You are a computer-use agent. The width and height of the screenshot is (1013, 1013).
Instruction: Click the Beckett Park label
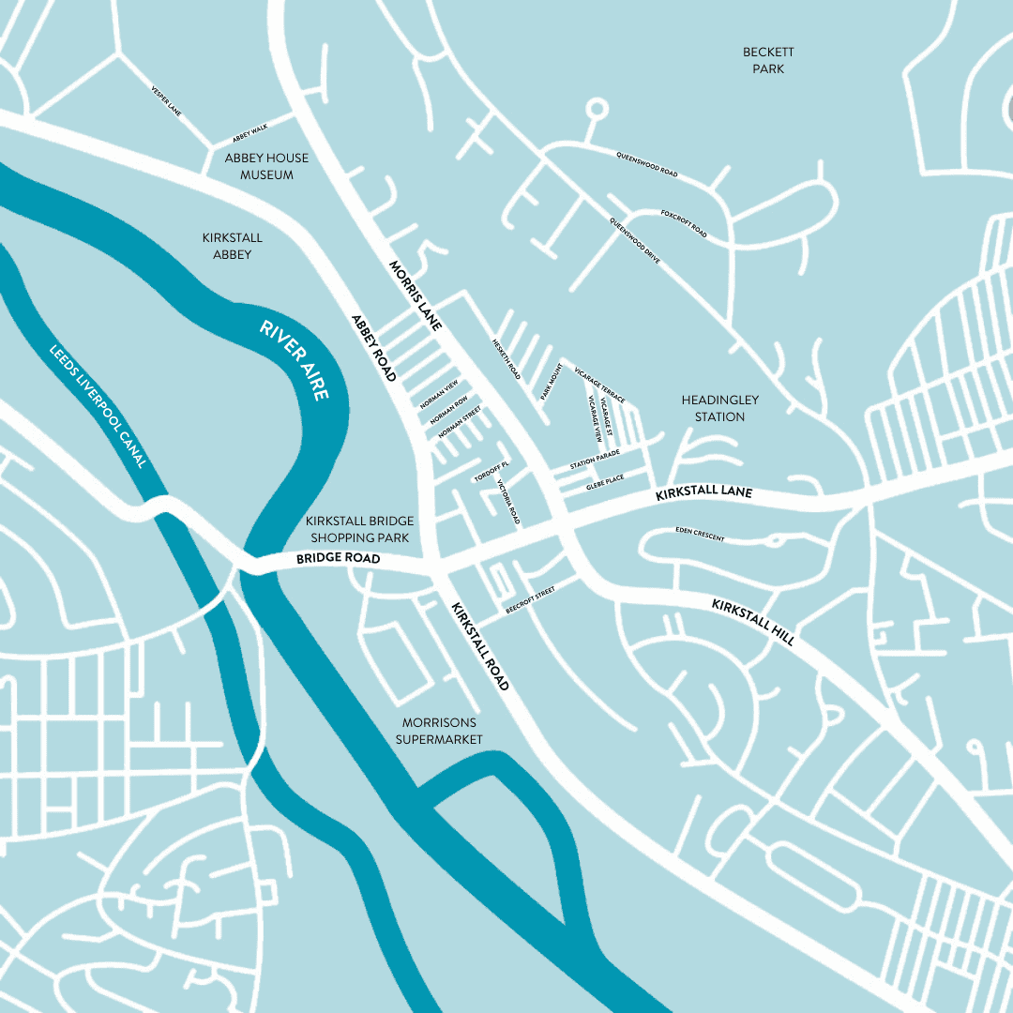768,61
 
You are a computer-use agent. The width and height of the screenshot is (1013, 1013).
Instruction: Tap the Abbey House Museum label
266,167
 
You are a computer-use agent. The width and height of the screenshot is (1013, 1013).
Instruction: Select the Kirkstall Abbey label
233,247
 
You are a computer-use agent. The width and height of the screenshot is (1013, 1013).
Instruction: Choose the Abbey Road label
374,347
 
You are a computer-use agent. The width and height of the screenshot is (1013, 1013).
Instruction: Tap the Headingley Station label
719,408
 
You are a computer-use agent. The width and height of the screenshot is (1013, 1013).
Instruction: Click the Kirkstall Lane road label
703,491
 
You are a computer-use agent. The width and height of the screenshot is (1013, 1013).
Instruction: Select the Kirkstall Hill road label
753,622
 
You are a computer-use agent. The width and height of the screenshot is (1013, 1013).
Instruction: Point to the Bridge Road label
338,558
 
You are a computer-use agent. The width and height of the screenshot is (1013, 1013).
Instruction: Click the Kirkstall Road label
479,647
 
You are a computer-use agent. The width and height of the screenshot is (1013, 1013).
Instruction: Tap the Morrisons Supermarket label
439,731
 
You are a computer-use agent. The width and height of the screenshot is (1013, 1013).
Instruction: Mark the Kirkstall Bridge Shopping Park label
360,529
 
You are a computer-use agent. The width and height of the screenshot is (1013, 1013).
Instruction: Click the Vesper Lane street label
166,102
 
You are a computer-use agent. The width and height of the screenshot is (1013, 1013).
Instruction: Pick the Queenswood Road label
646,165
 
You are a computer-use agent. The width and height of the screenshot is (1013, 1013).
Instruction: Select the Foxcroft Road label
684,223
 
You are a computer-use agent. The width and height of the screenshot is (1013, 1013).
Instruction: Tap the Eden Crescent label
700,535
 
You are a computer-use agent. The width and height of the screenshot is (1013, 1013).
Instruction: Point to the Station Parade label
596,460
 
